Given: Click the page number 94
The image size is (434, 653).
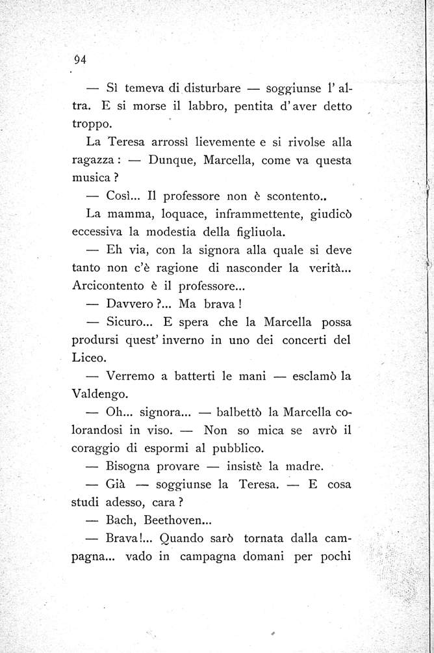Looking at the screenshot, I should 81,60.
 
